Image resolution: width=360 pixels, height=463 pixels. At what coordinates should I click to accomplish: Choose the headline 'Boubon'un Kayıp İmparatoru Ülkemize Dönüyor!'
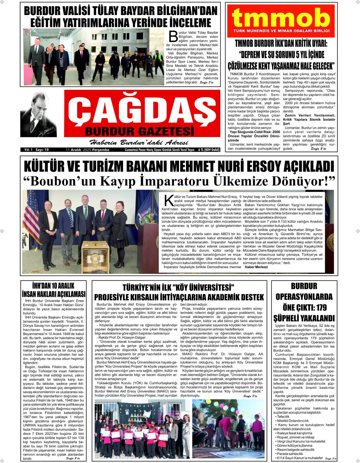[179, 181]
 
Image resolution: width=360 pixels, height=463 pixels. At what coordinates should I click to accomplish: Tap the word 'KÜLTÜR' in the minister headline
[50, 166]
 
